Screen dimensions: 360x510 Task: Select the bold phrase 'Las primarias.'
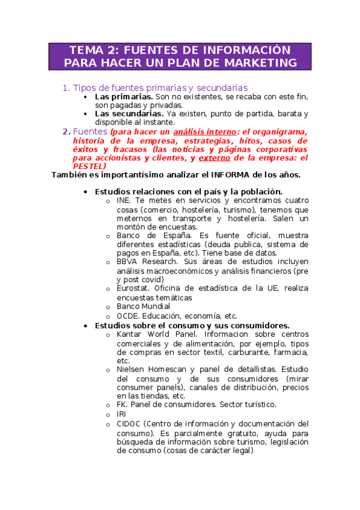point(123,96)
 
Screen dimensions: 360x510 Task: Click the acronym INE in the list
point(123,200)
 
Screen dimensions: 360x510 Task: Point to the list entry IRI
point(121,414)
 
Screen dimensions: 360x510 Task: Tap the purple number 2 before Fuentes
point(66,132)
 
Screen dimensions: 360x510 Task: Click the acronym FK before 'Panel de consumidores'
point(122,405)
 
